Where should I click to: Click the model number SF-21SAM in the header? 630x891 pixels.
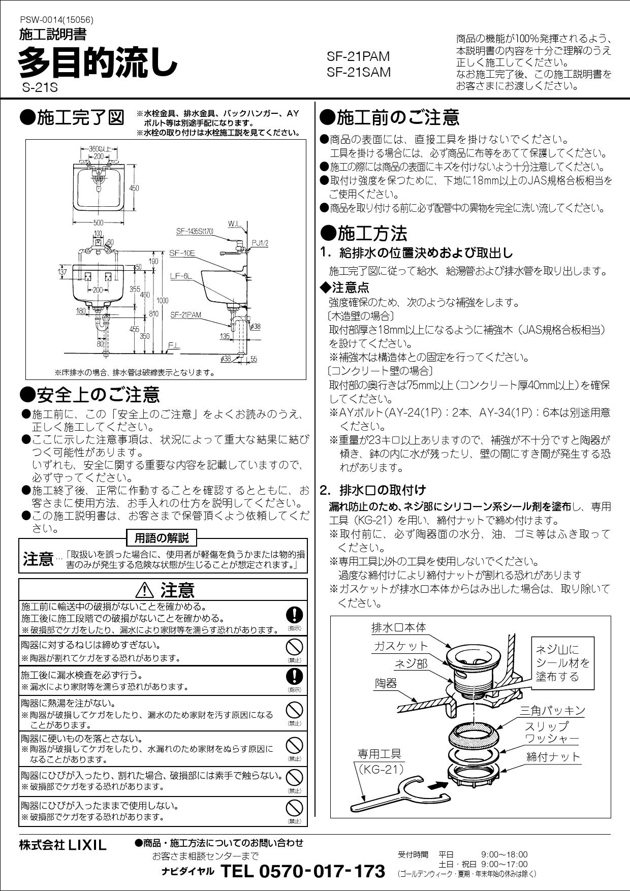[359, 73]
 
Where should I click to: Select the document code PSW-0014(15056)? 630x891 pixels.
[56, 20]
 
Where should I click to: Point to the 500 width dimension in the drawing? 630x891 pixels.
[98, 222]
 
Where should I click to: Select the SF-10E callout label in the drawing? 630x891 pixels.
[182, 253]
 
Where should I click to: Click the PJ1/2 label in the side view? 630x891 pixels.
[260, 243]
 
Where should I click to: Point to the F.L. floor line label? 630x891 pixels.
[173, 345]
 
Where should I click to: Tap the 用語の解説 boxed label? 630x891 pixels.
[162, 537]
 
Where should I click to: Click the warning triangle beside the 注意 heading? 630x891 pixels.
[145, 590]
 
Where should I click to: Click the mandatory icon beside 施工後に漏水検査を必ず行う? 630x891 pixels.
[295, 676]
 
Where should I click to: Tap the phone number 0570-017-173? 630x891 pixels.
[303, 871]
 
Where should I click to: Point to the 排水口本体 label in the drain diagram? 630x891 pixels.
[399, 627]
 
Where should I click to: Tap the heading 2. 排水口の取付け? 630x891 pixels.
[372, 490]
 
